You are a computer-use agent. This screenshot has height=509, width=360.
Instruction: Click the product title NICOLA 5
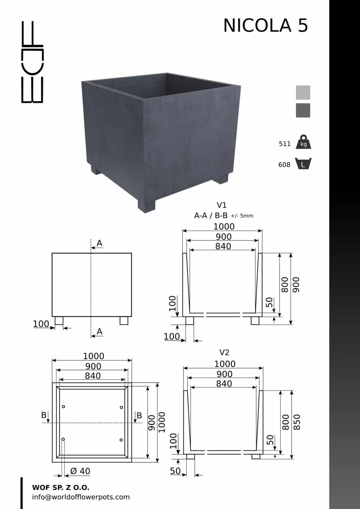click(x=266, y=26)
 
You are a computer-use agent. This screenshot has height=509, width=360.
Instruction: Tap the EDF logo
click(x=32, y=62)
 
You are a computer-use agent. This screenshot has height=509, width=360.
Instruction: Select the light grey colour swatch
click(x=303, y=92)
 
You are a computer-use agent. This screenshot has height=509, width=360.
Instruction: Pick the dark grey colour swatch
click(x=303, y=110)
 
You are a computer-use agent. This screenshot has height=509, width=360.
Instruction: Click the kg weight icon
click(x=303, y=142)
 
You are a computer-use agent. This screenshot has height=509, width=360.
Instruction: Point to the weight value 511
click(x=284, y=144)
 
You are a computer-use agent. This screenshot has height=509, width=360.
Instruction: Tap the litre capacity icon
click(x=303, y=163)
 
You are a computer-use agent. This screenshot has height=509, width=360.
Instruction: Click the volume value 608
click(x=284, y=165)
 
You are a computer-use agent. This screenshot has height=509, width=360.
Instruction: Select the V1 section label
click(x=221, y=205)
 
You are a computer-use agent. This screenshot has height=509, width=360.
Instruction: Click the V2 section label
click(x=224, y=353)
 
